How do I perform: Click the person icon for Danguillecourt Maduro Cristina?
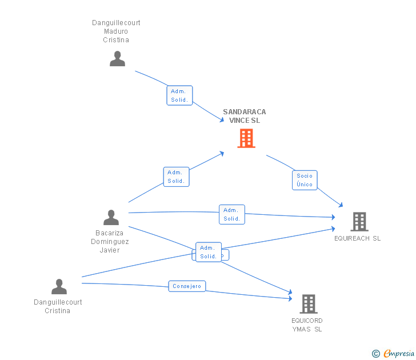point(117,59)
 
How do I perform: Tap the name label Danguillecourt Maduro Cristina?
point(116,31)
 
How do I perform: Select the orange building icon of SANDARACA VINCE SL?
point(246,138)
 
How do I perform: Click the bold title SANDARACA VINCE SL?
point(244,116)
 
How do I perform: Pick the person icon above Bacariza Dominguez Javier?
point(111,217)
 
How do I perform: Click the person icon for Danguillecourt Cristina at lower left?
point(59,286)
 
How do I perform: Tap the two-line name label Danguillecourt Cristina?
point(58,306)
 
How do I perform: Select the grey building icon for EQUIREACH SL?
point(359,221)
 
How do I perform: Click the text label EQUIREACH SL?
point(357,238)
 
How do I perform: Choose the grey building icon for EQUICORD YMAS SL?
point(308,303)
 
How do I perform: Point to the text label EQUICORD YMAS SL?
point(307,325)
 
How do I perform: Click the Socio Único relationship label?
point(305,180)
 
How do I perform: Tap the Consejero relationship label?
point(187,286)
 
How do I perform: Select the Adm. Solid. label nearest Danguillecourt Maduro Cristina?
point(179,95)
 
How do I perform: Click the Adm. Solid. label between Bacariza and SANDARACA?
point(175,177)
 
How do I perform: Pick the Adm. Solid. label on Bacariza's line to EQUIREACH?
point(231,214)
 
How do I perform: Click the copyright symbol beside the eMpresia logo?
point(375,354)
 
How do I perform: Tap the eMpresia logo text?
point(398,353)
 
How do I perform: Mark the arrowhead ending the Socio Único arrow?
point(341,205)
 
